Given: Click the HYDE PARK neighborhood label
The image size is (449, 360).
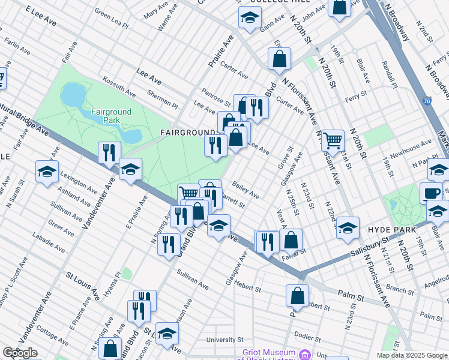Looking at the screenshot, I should pos(388,230).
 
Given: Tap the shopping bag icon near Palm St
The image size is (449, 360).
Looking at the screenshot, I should pos(297,296).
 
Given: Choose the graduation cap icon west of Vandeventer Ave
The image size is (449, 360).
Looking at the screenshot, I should pos(47,172).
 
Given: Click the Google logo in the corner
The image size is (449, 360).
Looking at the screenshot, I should pos(19,353).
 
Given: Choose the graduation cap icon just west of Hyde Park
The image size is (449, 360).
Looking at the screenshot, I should pos(347,228).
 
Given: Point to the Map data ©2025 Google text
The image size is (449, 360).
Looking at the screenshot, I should pos(412,355).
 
